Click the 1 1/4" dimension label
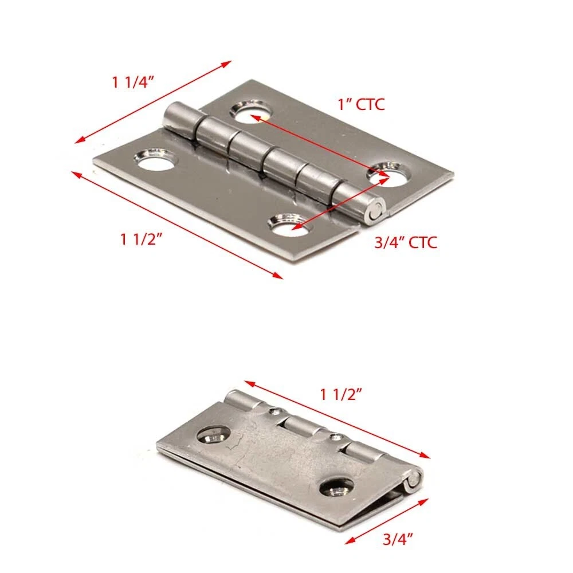(x=133, y=82)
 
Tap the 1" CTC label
(x=361, y=104)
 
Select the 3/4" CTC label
(x=406, y=242)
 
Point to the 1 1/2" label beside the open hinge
(x=141, y=240)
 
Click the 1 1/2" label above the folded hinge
(x=341, y=395)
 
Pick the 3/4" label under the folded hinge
(x=398, y=539)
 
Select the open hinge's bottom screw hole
(x=291, y=225)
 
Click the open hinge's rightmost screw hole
(x=389, y=174)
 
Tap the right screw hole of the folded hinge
(x=336, y=486)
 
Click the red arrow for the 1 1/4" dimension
(x=153, y=102)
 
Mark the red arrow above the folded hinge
(x=337, y=419)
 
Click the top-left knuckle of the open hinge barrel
(x=182, y=119)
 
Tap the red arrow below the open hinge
(x=177, y=225)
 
